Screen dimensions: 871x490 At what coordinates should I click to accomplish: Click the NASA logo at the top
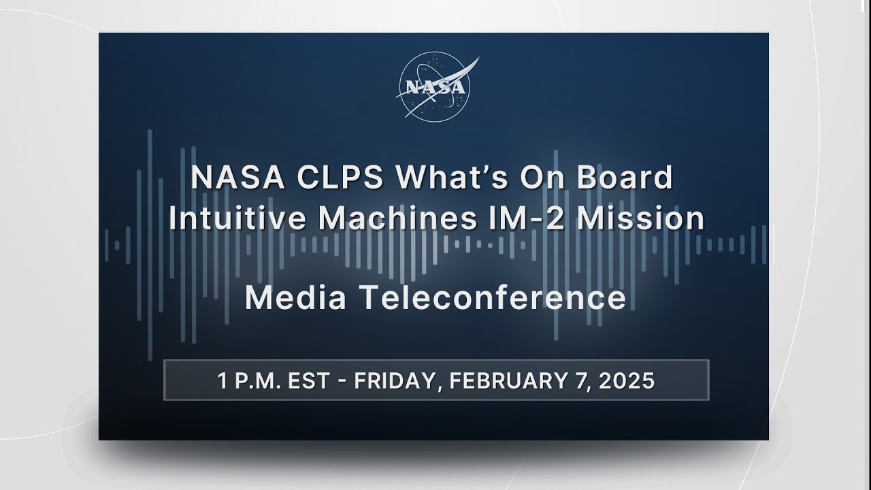tap(435, 87)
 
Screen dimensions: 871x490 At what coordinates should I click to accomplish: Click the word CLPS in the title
tap(340, 178)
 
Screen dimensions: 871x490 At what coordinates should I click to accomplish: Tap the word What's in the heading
tap(452, 177)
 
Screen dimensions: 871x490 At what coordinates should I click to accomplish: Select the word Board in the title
tap(625, 177)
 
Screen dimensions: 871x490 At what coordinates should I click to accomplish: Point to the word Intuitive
tap(237, 218)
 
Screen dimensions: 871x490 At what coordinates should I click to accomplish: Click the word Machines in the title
tap(397, 218)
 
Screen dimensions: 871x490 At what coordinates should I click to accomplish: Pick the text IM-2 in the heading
tap(526, 218)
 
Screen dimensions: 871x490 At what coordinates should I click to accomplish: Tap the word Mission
tap(640, 218)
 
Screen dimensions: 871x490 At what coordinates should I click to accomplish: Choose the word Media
tap(295, 297)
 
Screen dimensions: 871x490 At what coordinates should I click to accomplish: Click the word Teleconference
tap(492, 297)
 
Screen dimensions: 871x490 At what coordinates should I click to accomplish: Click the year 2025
tap(627, 380)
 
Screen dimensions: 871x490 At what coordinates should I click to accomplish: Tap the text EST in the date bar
tap(309, 380)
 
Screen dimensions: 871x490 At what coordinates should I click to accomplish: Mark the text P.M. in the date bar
tap(258, 380)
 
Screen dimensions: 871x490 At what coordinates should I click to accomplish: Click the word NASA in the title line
tap(237, 178)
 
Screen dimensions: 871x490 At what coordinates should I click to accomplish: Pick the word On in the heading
tap(542, 178)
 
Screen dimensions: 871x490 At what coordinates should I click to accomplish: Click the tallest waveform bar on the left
tap(150, 245)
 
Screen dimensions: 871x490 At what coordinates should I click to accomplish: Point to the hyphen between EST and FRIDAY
tap(342, 381)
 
